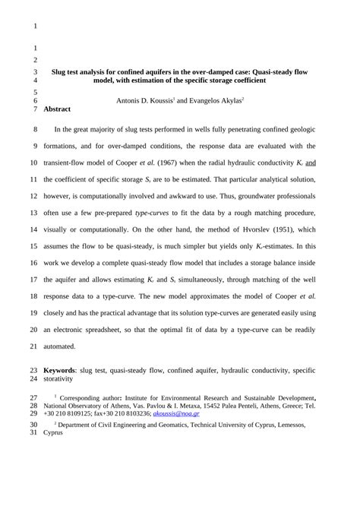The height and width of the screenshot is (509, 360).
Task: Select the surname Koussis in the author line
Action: pyautogui.click(x=159, y=100)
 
